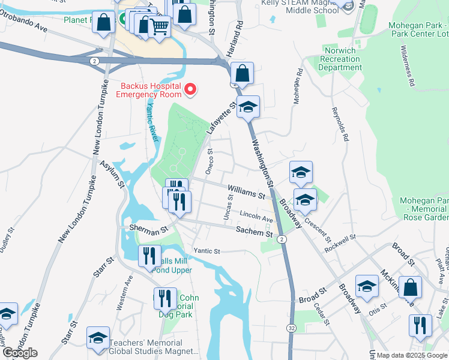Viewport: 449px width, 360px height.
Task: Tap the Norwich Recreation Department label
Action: tap(340, 59)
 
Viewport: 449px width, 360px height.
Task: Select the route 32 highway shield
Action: tap(290, 328)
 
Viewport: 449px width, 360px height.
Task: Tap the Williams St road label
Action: tap(246, 195)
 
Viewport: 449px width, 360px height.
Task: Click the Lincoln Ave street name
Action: tap(256, 217)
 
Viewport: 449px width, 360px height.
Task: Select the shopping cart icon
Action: tap(159, 26)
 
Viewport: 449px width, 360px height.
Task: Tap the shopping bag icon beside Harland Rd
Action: tap(241, 74)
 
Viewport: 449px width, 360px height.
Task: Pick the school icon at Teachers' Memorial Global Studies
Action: tap(98, 337)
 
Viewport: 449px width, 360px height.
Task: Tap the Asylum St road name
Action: tap(112, 174)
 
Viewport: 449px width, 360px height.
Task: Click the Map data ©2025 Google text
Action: tap(412, 356)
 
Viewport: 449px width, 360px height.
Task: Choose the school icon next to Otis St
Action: tap(367, 286)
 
